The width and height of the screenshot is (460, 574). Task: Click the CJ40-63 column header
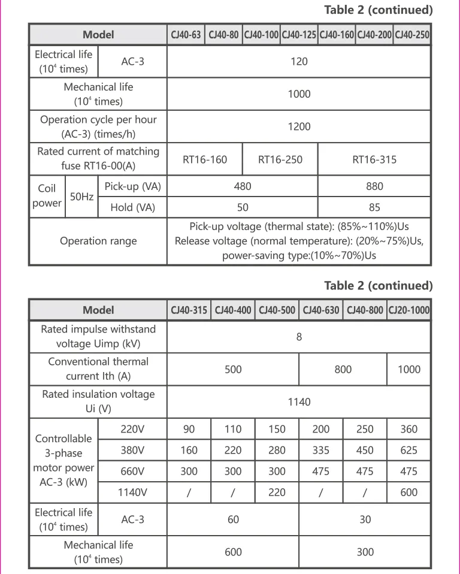pos(186,35)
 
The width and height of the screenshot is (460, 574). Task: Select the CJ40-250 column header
pos(412,35)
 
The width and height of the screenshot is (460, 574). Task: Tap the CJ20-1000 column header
pos(408,310)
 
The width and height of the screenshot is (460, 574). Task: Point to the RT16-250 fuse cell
pos(280,159)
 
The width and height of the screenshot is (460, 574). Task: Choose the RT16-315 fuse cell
pos(374,159)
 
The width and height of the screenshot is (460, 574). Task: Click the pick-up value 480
pos(243,186)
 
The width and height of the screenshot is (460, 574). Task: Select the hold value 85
pos(374,208)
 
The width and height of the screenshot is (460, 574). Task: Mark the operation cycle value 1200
pos(299,126)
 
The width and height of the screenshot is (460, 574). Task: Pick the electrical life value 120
pos(299,61)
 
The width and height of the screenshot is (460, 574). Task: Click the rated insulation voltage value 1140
pos(299,401)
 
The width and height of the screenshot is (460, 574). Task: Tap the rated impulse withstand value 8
pos(299,337)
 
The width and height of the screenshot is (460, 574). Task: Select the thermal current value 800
pos(343,369)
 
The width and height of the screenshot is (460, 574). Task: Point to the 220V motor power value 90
pos(189,429)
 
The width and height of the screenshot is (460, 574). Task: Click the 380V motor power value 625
pos(408,451)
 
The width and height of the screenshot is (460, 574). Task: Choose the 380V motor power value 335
pos(321,451)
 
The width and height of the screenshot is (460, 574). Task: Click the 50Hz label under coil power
pos(81,196)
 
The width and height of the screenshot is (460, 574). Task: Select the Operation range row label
pos(98,241)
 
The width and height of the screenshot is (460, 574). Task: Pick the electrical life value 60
pos(233,519)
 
